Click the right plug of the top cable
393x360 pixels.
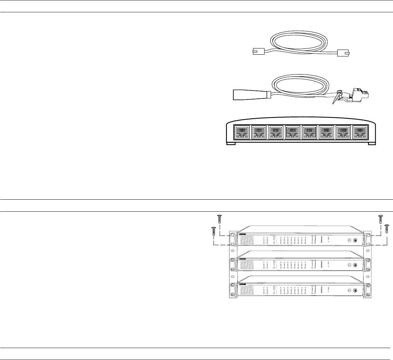pyautogui.click(x=343, y=53)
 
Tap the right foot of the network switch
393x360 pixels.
pyautogui.click(x=372, y=144)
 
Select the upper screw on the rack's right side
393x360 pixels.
pyautogui.click(x=380, y=220)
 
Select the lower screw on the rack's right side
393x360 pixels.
pyautogui.click(x=387, y=230)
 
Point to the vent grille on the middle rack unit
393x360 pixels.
pyautogui.click(x=246, y=265)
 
